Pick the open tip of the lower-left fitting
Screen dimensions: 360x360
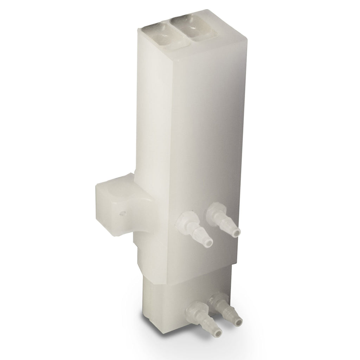pos(218,332)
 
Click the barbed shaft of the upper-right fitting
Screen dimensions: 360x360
pos(228,225)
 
